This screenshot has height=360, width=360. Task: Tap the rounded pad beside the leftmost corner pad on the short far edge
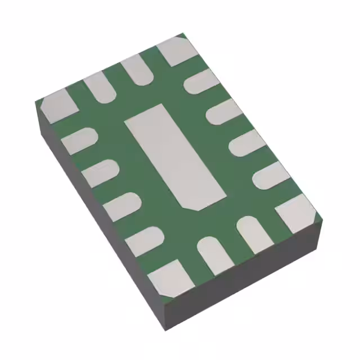pyautogui.click(x=100, y=87)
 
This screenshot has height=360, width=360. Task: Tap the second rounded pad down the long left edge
pyautogui.click(x=101, y=171)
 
